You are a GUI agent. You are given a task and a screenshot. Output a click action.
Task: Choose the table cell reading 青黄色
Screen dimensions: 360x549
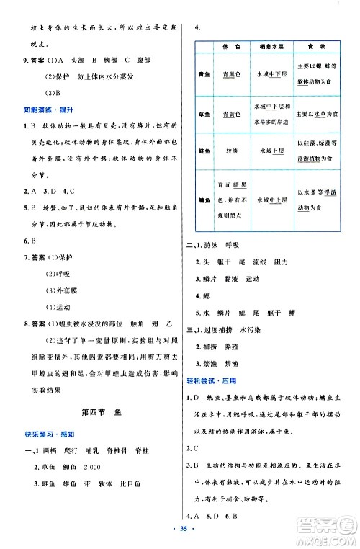tap(232, 113)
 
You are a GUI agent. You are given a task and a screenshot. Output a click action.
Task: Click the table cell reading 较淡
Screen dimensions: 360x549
tap(232, 152)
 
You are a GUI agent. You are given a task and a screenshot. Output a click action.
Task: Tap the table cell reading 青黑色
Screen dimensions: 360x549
tap(232, 73)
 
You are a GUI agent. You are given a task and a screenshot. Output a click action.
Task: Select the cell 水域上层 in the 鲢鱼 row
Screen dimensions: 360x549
tap(270, 152)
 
